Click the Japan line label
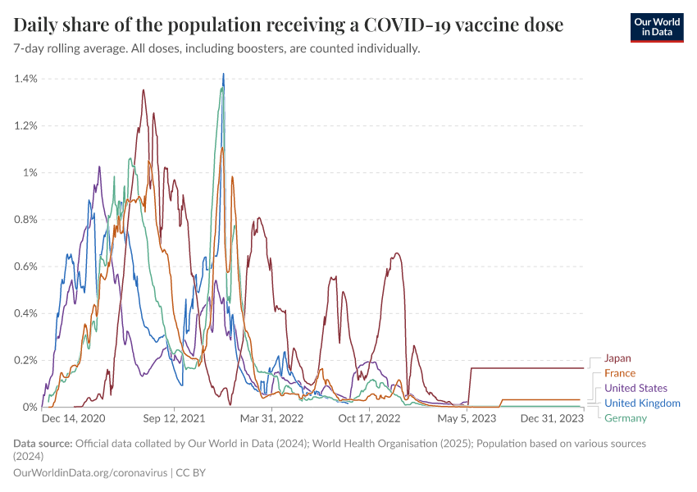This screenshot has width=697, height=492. click(617, 358)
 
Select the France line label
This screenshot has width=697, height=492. click(619, 373)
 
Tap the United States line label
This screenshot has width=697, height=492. click(635, 388)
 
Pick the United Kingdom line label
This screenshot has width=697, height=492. click(642, 403)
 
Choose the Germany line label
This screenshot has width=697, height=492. click(626, 418)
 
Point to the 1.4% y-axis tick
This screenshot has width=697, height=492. click(26, 79)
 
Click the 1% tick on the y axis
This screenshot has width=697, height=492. click(30, 172)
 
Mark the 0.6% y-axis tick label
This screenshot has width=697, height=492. click(26, 266)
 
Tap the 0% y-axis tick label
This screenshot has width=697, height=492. click(30, 407)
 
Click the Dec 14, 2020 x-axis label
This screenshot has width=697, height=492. click(73, 417)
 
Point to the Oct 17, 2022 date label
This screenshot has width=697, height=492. click(369, 417)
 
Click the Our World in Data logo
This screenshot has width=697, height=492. click(657, 26)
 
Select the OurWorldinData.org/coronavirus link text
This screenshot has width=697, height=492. click(90, 473)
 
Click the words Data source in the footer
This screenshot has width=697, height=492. click(42, 444)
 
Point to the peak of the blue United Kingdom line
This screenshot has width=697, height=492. click(223, 75)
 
